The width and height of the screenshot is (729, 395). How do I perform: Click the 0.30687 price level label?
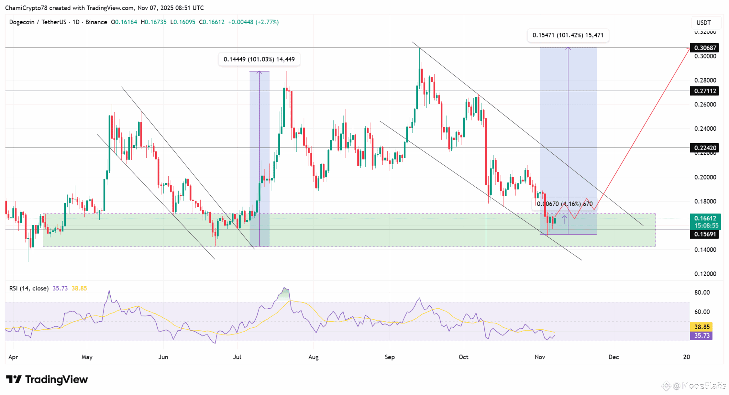(704, 48)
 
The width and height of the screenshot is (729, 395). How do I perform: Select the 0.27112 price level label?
(704, 91)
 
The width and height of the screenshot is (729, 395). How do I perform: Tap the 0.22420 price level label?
(704, 148)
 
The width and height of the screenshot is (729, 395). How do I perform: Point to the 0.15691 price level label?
(704, 234)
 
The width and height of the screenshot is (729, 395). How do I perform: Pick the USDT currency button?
(703, 22)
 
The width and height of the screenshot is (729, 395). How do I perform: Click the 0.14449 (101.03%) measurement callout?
(259, 59)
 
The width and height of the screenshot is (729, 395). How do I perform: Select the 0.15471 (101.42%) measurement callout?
(568, 35)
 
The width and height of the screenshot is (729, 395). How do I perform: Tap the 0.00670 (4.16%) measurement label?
(565, 204)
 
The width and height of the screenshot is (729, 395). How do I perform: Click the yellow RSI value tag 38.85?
(702, 327)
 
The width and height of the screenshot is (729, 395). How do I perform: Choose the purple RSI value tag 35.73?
(702, 336)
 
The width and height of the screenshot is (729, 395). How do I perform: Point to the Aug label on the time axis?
(313, 357)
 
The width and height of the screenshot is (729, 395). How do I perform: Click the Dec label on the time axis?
(613, 357)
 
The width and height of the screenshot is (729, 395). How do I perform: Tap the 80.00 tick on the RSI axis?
(702, 292)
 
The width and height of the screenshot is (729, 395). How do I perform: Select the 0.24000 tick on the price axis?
(705, 129)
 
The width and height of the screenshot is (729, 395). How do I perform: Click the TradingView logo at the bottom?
(47, 380)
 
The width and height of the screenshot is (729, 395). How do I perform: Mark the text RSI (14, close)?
(29, 289)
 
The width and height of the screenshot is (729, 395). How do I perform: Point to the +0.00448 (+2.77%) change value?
(253, 22)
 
